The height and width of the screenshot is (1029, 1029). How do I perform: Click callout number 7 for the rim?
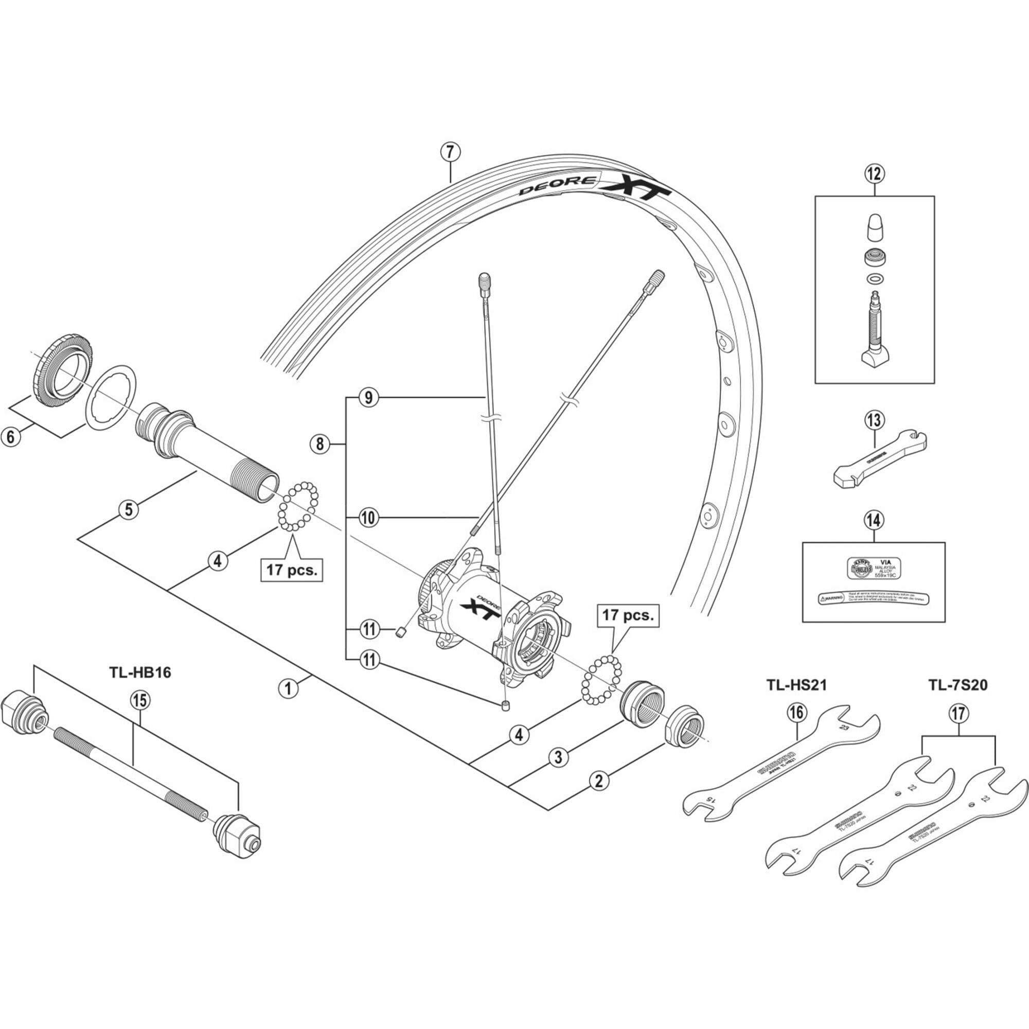click(x=450, y=152)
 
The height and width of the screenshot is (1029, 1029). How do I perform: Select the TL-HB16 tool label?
click(x=140, y=672)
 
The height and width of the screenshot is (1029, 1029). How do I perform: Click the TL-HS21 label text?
click(x=796, y=685)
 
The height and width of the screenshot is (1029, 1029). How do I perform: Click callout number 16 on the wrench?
click(x=797, y=713)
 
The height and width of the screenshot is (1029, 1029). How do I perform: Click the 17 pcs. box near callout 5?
click(x=291, y=571)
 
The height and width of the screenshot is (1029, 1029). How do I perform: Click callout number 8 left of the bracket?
click(x=320, y=443)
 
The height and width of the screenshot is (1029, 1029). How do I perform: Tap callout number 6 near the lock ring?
click(x=11, y=437)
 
